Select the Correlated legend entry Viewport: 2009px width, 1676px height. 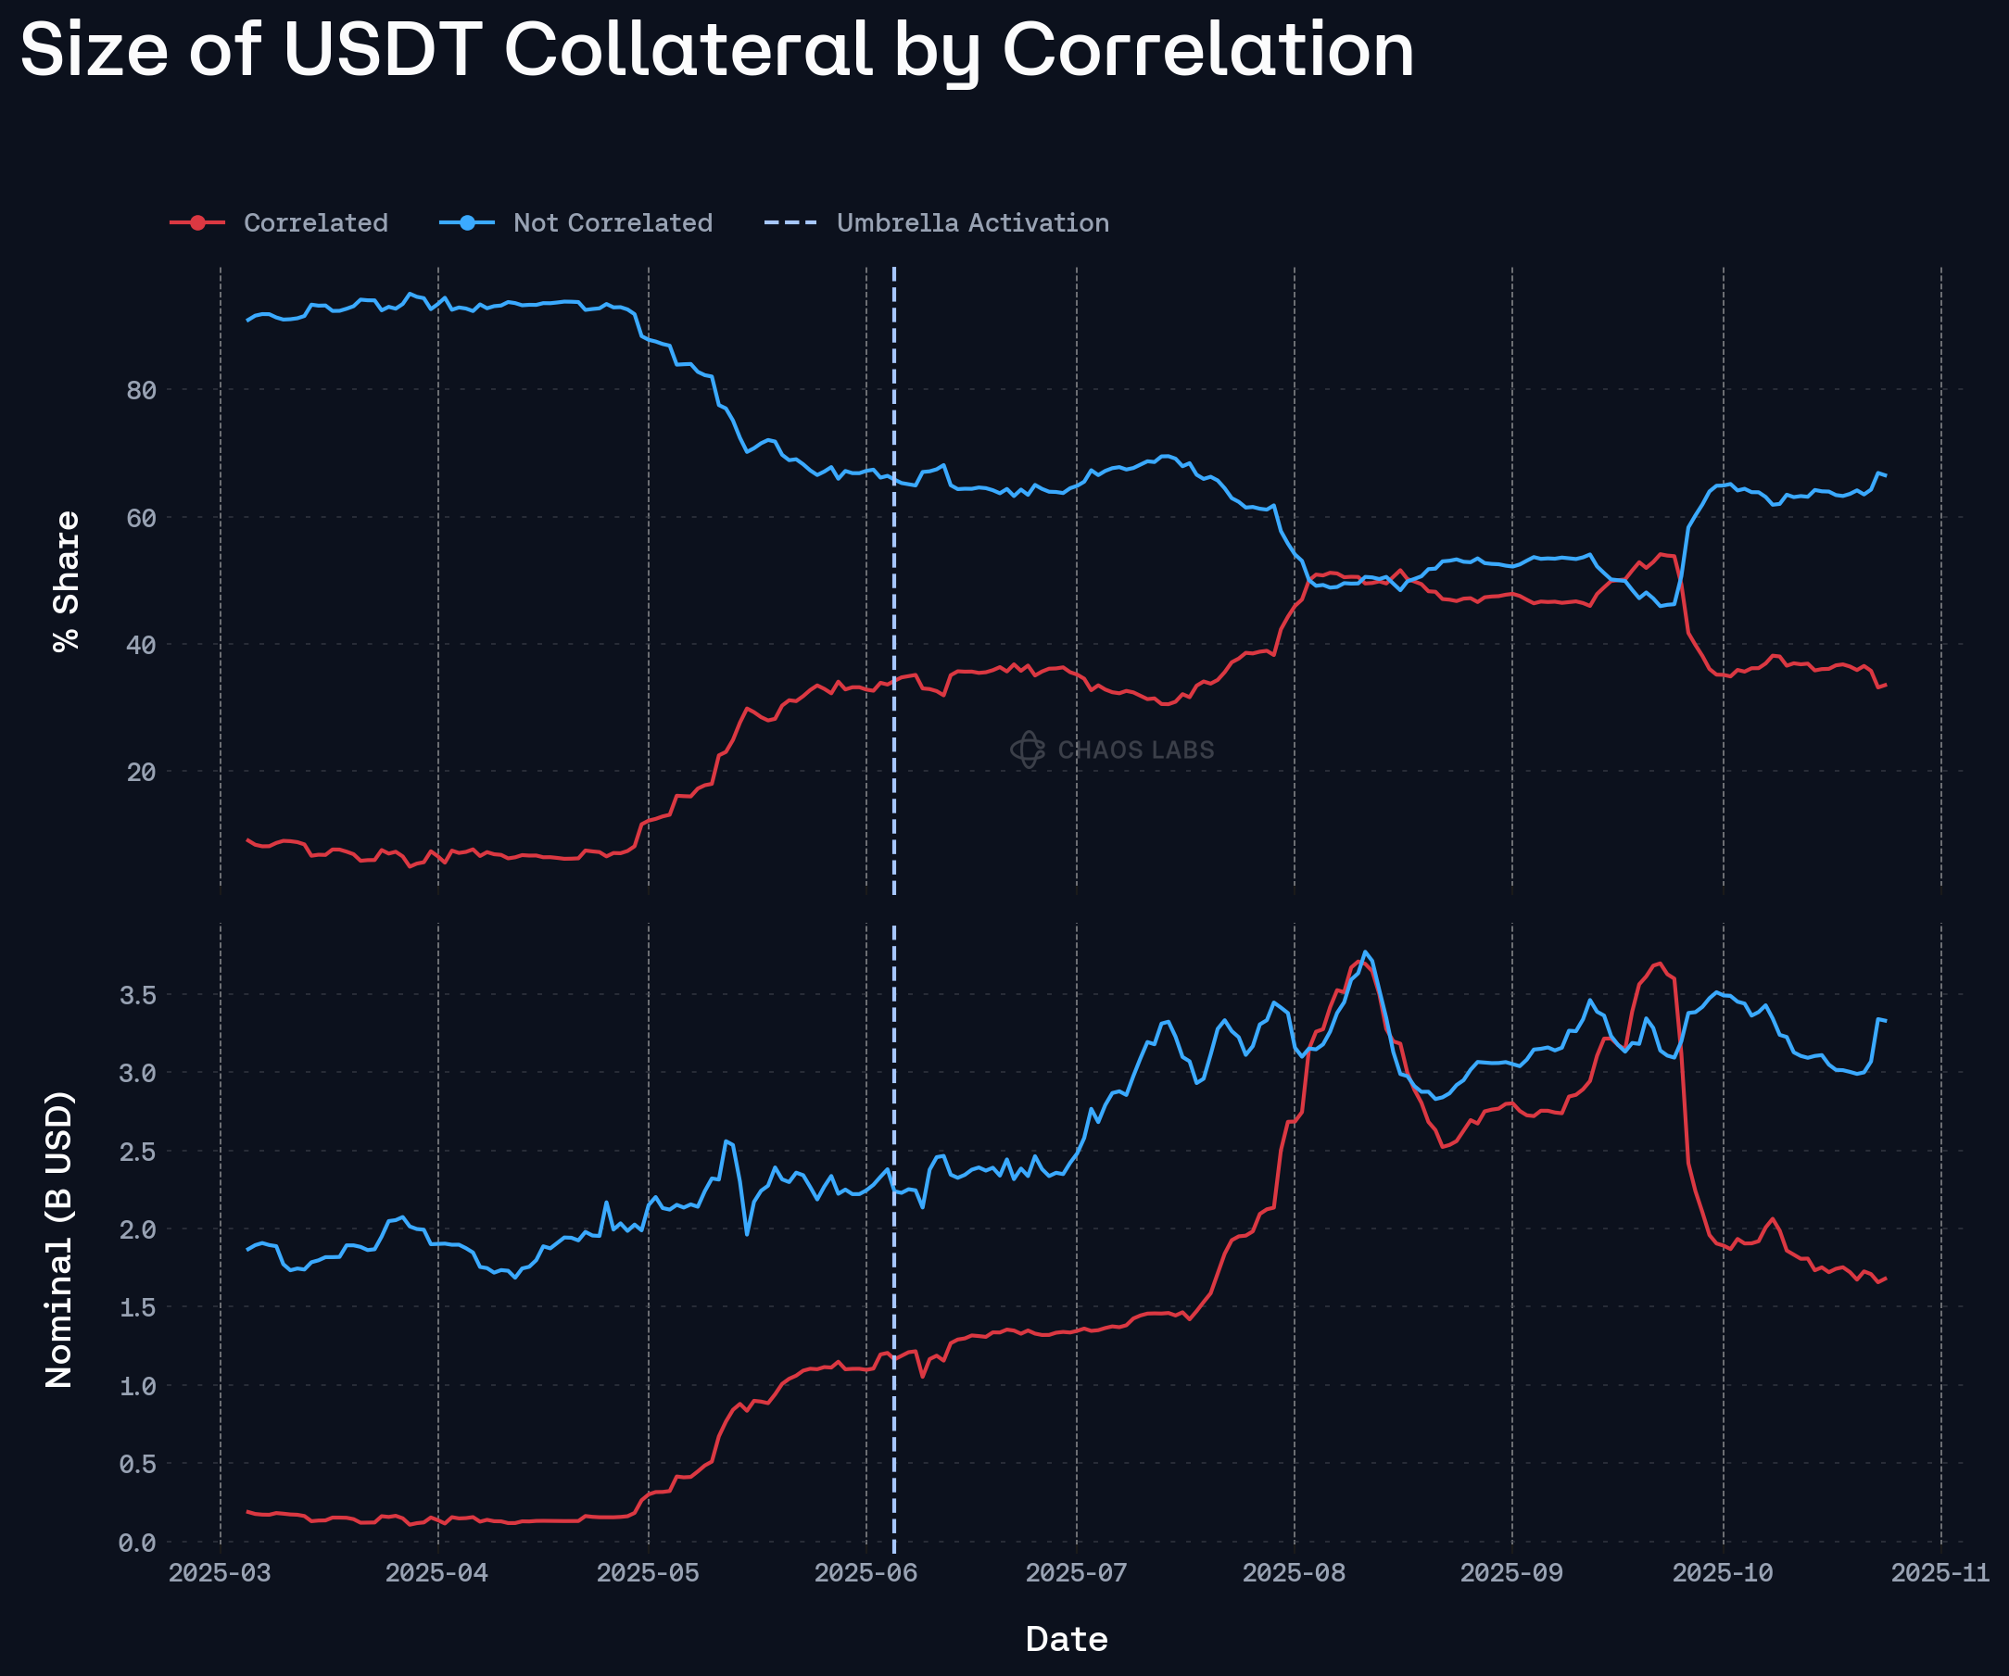(315, 223)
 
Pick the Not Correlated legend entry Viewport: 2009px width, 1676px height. (613, 223)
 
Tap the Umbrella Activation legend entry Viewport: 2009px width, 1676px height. (972, 223)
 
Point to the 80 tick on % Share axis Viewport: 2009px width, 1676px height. (141, 390)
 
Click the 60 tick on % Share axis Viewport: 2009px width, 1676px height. (141, 518)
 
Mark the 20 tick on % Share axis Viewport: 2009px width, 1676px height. (141, 772)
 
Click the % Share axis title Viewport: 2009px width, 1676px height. (66, 582)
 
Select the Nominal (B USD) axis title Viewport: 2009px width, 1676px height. (59, 1239)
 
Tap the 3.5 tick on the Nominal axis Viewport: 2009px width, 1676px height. (137, 995)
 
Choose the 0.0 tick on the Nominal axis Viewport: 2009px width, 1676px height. (137, 1542)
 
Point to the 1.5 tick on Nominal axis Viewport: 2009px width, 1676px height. (137, 1307)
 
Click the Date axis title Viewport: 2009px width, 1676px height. (1067, 1639)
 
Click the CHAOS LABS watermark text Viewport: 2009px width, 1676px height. (1135, 750)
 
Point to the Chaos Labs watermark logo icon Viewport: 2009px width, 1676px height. (1028, 750)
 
